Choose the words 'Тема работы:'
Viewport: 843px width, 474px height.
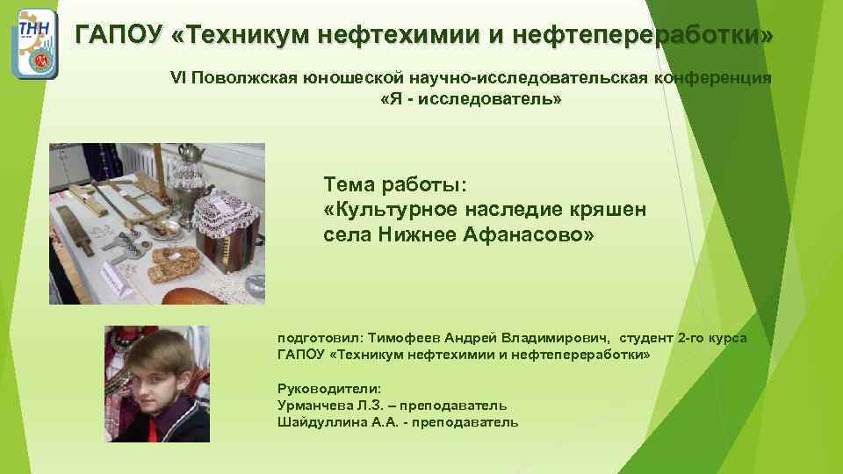[x=396, y=185]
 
